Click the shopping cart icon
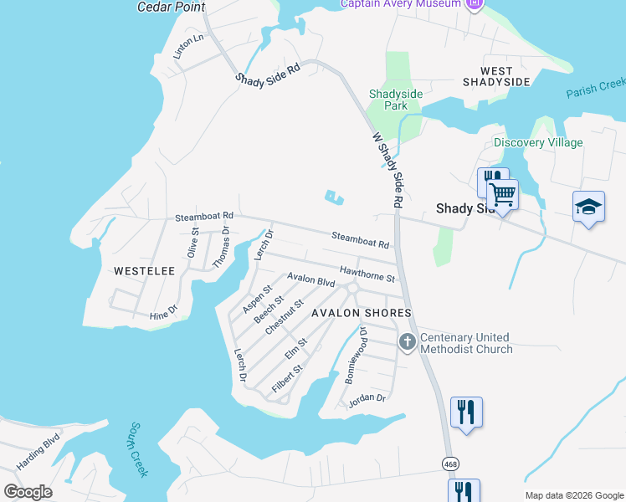pos(502,195)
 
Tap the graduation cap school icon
pos(588,206)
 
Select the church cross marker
pos(407,341)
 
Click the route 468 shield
pos(450,463)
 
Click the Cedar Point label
pos(171,7)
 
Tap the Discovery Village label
pos(538,142)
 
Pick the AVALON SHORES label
pos(362,313)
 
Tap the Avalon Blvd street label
pos(310,280)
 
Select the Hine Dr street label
pos(163,314)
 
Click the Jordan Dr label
pos(367,398)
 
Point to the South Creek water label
pos(138,449)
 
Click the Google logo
pos(28,492)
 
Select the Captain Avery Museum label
pos(402,3)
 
